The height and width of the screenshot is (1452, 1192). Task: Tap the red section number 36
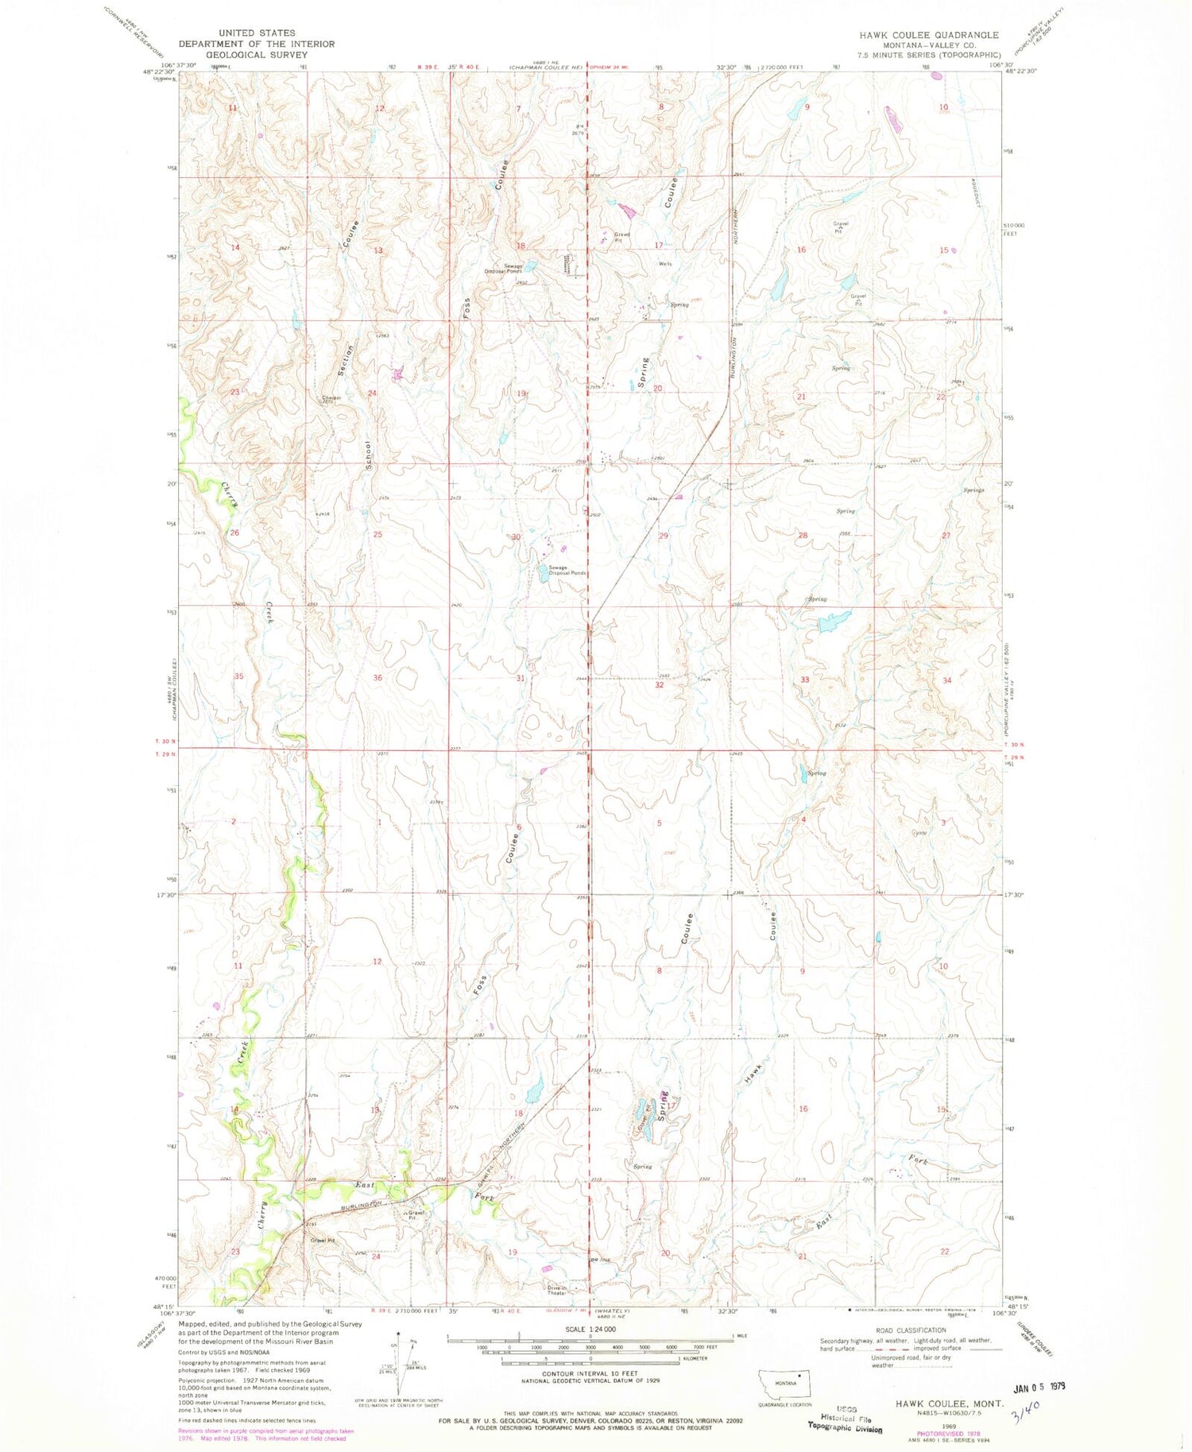coord(377,678)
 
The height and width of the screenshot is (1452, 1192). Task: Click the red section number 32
coord(659,684)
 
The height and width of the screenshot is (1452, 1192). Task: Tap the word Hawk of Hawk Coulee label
coord(753,1074)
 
